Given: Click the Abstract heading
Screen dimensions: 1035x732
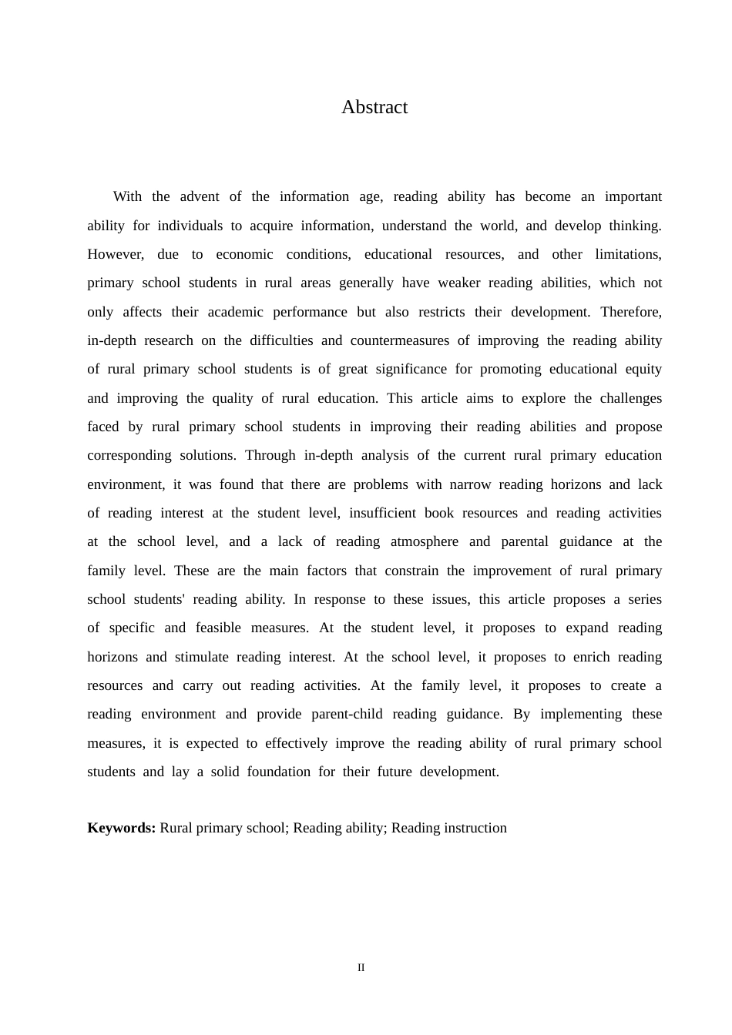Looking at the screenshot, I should coord(374,107).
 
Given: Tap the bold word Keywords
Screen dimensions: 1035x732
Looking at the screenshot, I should coord(121,828).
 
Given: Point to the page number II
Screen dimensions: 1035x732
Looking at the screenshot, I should coord(361,967).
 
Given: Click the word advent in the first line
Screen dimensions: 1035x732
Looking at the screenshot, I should coord(200,196).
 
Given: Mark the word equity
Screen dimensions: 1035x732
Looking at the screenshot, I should coord(643,369).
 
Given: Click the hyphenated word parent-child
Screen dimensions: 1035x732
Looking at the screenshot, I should coord(347,714).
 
